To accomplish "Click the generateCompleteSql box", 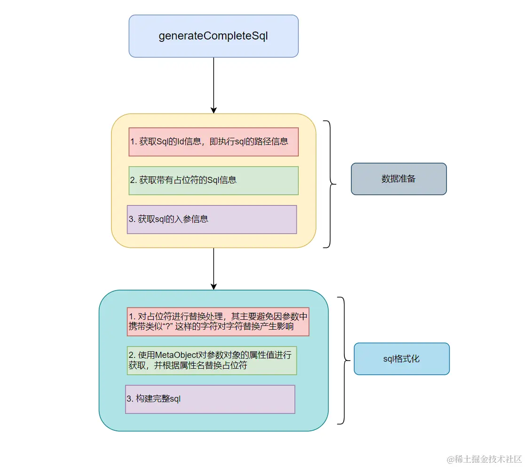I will point(214,36).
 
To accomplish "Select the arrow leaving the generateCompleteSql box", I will point(214,85).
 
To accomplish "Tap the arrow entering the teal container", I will point(214,268).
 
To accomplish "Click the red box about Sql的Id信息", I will point(214,142).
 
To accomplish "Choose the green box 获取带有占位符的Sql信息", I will point(214,180).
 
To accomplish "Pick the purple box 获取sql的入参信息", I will point(212,219).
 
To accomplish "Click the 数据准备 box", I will point(398,179).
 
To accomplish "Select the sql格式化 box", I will point(401,359).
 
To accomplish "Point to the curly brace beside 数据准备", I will point(330,184).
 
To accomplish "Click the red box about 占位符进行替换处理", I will point(218,322).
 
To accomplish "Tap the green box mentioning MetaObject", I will point(212,360).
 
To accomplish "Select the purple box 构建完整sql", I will point(210,399).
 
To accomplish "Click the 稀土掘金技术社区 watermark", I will point(484,459).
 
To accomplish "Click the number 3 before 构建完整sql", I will point(129,399).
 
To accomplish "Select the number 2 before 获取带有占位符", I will point(133,180).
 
